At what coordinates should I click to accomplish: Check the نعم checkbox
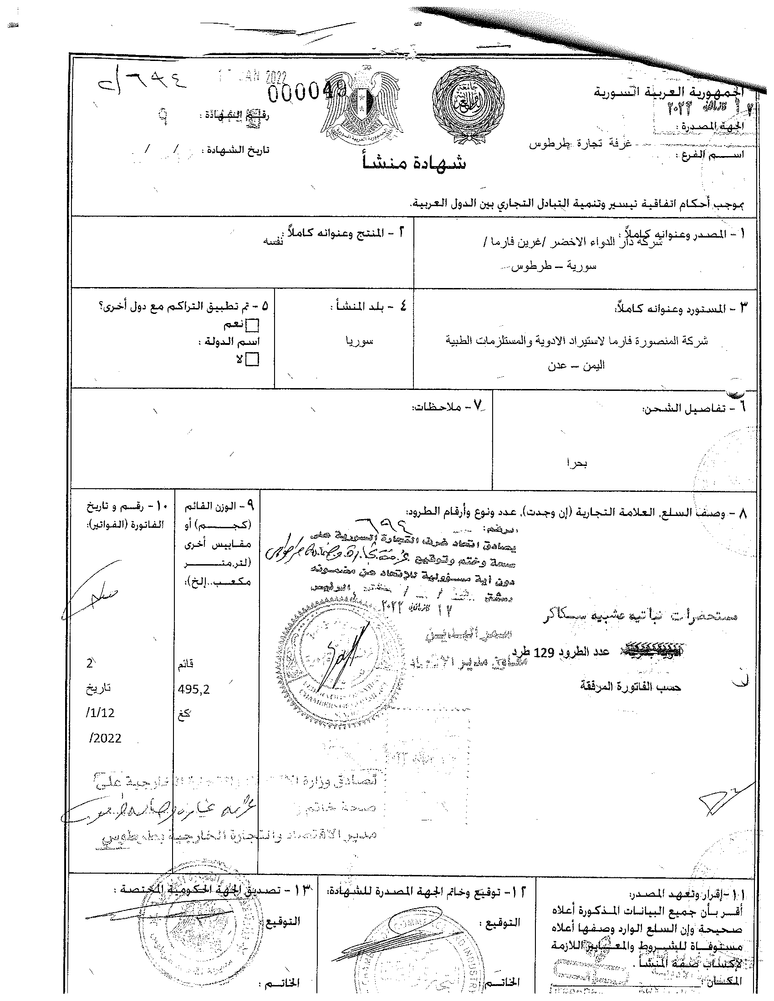click(x=253, y=326)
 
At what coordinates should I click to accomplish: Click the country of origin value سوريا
click(x=360, y=341)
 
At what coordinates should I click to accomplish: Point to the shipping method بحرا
click(x=577, y=463)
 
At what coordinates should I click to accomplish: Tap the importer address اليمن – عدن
click(x=576, y=365)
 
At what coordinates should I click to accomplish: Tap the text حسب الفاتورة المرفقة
click(x=631, y=687)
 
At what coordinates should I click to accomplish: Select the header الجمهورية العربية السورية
click(x=669, y=94)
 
